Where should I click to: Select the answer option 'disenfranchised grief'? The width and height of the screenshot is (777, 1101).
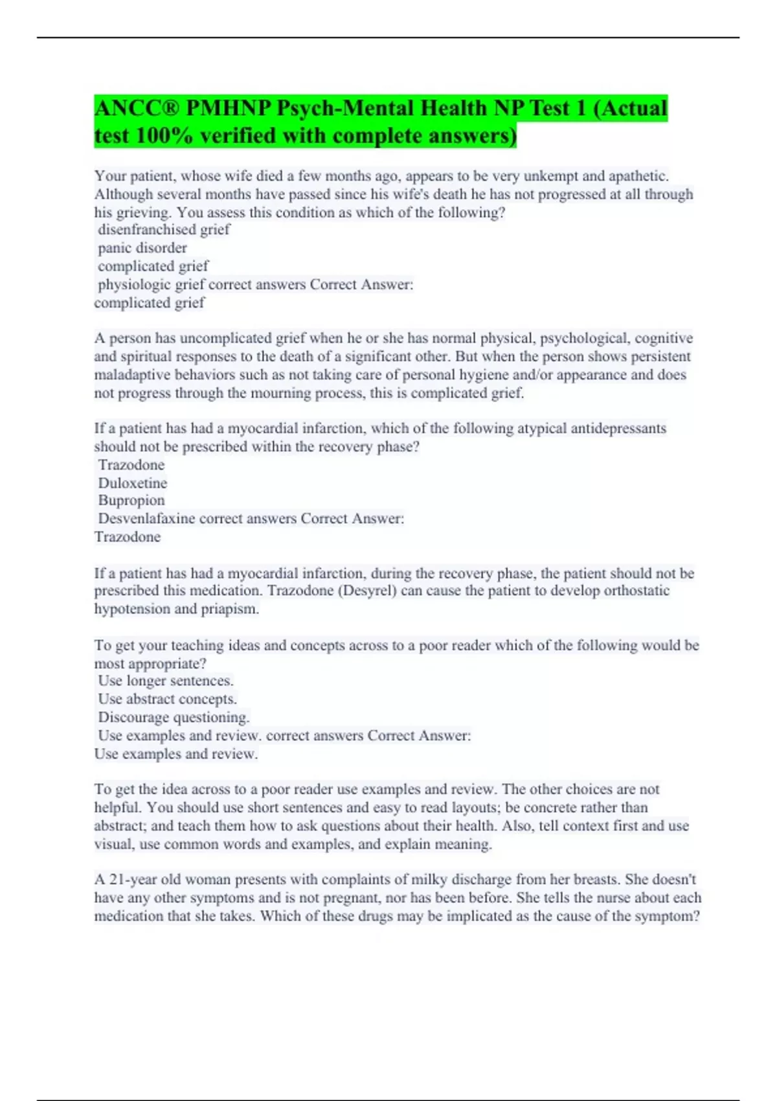pyautogui.click(x=164, y=230)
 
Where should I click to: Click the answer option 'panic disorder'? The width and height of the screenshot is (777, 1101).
pyautogui.click(x=142, y=248)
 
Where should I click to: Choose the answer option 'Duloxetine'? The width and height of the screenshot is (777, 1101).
pyautogui.click(x=133, y=483)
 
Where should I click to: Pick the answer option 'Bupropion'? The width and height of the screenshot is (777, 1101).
pyautogui.click(x=131, y=501)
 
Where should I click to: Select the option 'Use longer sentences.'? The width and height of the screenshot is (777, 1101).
pyautogui.click(x=166, y=681)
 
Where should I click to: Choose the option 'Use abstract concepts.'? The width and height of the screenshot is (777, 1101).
pyautogui.click(x=168, y=699)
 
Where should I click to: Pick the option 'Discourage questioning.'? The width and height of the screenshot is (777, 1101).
pyautogui.click(x=174, y=718)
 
